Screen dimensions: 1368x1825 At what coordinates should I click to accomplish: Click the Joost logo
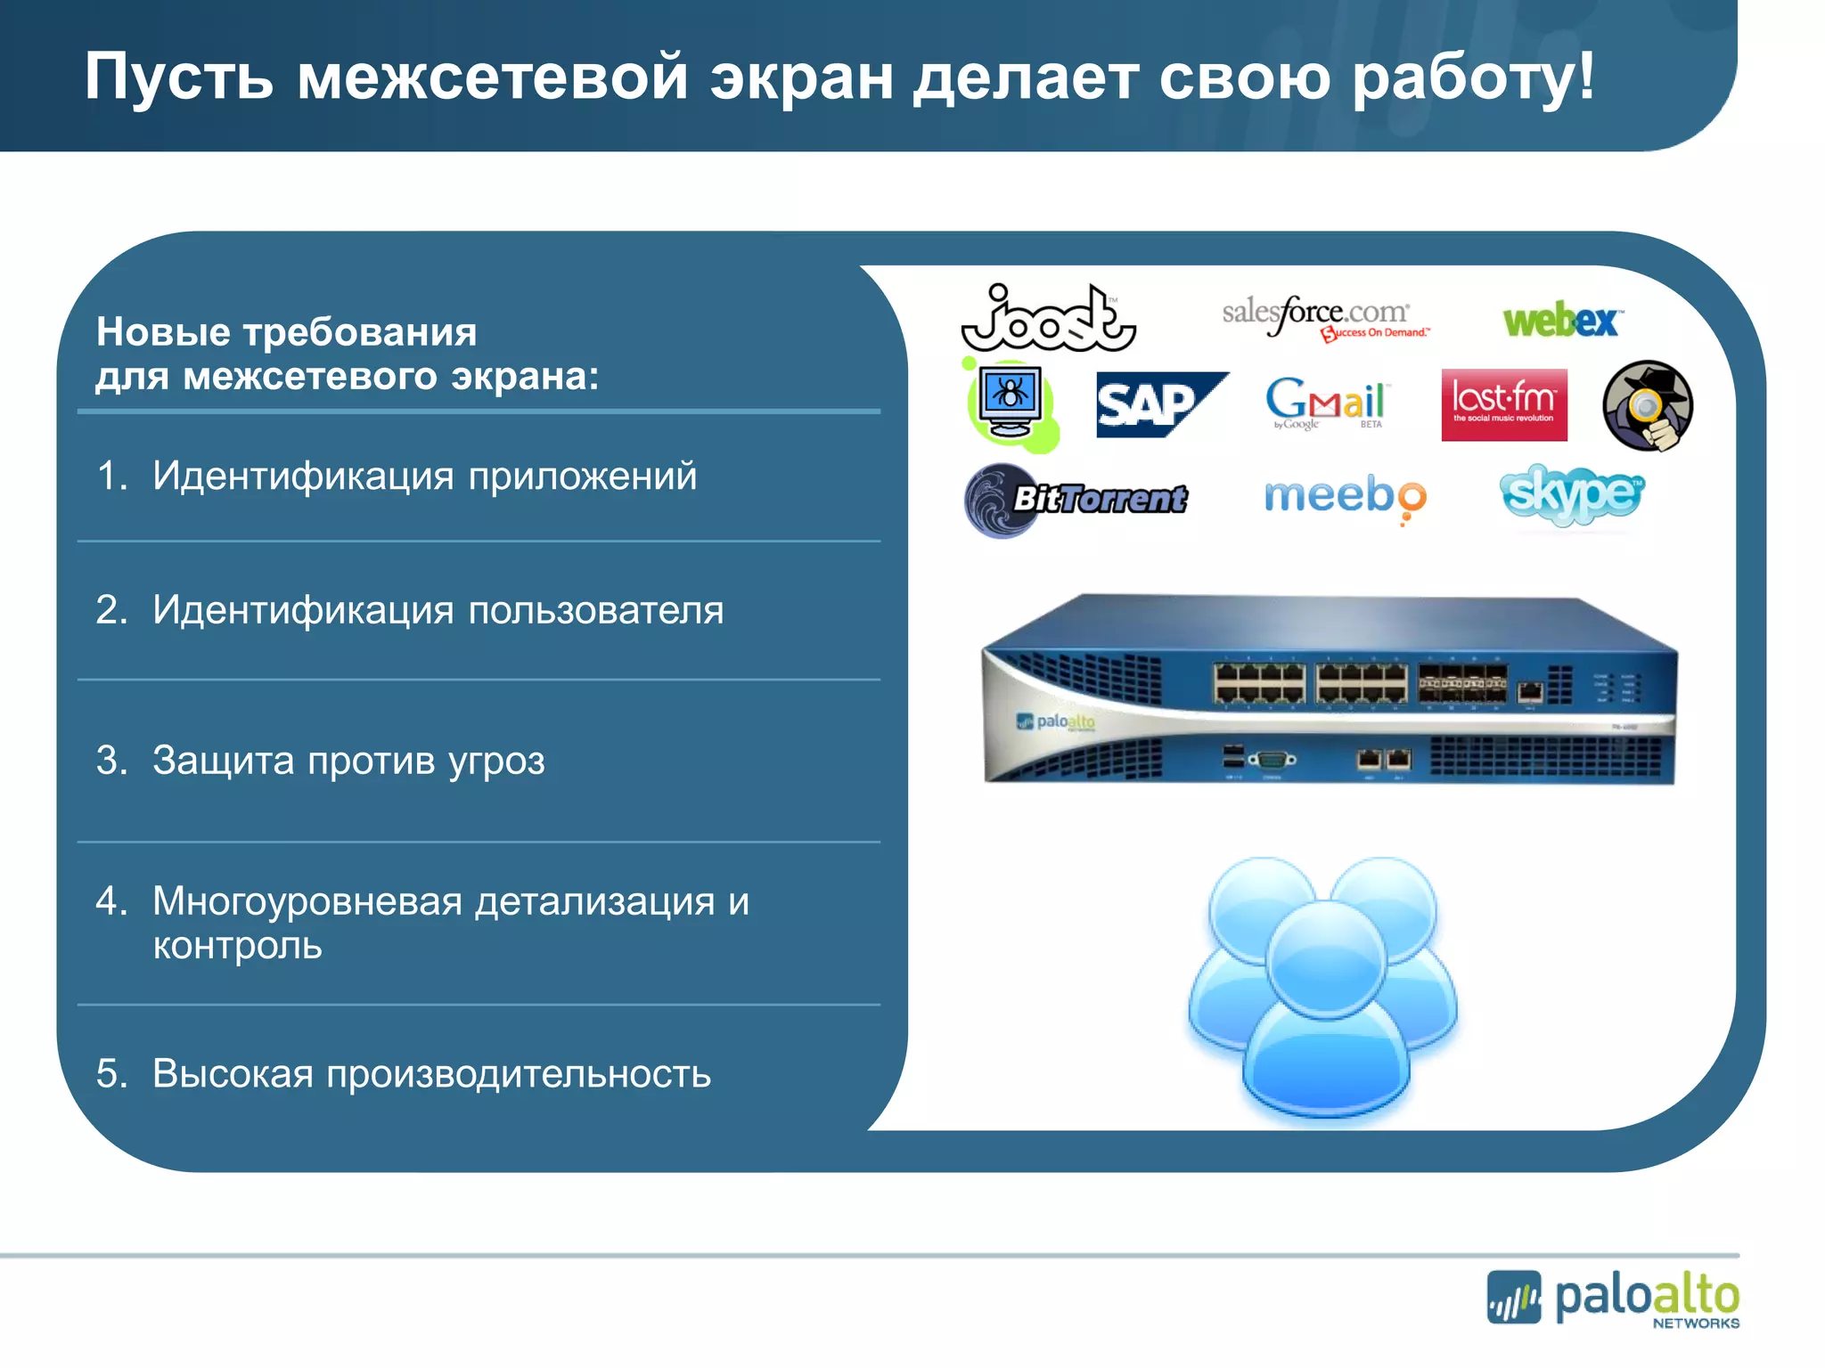click(x=1047, y=319)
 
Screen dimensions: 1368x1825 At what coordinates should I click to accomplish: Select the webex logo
click(x=1561, y=320)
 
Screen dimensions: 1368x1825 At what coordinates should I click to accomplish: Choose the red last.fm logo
click(x=1503, y=405)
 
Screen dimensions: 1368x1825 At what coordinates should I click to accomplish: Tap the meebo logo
click(x=1344, y=496)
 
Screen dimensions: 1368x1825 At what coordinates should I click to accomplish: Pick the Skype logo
click(x=1572, y=493)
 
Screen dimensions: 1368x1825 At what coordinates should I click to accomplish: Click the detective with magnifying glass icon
click(x=1647, y=405)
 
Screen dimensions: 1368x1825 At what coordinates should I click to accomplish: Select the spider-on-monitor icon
click(x=1011, y=403)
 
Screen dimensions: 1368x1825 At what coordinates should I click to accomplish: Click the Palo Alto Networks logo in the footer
click(x=1613, y=1299)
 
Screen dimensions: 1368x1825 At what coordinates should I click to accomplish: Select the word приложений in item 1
click(x=583, y=476)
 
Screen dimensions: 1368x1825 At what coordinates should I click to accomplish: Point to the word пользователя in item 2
click(x=595, y=610)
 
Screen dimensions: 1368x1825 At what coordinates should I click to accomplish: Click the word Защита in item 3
click(x=223, y=761)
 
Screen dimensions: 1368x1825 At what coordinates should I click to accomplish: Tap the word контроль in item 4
click(x=237, y=946)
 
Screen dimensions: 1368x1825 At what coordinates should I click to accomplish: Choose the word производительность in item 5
click(x=519, y=1074)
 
